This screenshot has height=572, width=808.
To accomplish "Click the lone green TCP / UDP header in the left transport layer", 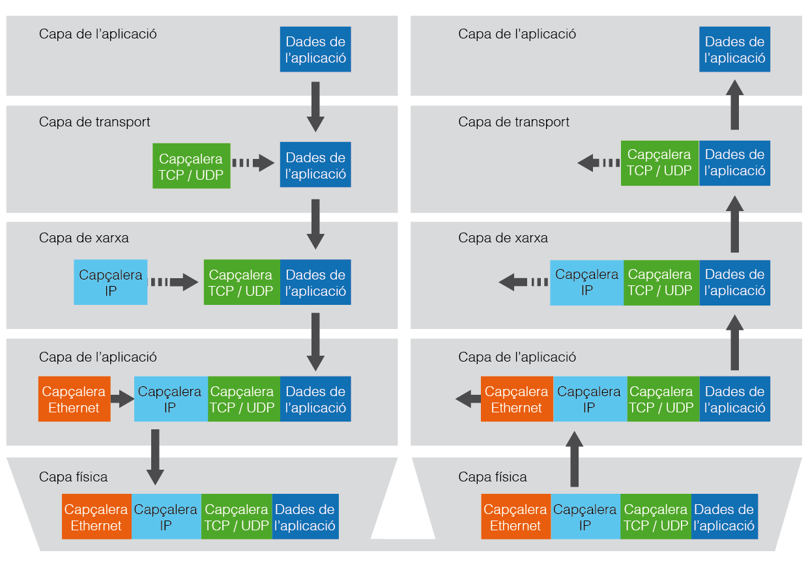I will tap(191, 166).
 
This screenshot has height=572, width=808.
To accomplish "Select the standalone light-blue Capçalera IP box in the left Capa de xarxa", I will tap(111, 283).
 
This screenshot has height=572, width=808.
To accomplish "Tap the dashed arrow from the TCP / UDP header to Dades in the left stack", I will tap(253, 164).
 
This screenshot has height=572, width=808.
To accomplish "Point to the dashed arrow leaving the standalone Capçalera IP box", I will tap(174, 282).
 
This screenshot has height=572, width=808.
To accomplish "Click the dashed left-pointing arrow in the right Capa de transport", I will tap(598, 163).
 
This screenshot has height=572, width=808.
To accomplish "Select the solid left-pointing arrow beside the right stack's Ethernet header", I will tap(467, 399).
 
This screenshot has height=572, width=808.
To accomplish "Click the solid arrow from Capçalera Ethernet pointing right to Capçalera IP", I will tap(122, 399).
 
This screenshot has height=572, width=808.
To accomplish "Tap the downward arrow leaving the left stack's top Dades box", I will tap(315, 106).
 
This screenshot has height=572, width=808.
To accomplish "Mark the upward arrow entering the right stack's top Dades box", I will tap(735, 104).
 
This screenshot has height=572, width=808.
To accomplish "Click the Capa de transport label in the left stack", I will tap(94, 122).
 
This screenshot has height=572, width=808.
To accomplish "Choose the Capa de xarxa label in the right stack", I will tap(502, 238).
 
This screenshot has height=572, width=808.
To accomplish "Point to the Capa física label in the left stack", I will tap(73, 477).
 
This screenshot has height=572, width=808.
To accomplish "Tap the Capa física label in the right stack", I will tap(492, 477).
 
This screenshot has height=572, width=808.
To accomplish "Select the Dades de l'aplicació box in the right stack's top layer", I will tap(734, 50).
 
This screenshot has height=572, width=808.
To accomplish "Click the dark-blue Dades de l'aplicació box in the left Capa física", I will tap(305, 517).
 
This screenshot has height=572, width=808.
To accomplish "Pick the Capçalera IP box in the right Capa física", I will tap(585, 517).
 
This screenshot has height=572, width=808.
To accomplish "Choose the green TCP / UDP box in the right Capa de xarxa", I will tap(661, 283).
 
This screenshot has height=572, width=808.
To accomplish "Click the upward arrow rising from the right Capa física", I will tap(574, 459).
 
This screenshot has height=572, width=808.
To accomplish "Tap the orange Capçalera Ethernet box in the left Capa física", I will tap(96, 517).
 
